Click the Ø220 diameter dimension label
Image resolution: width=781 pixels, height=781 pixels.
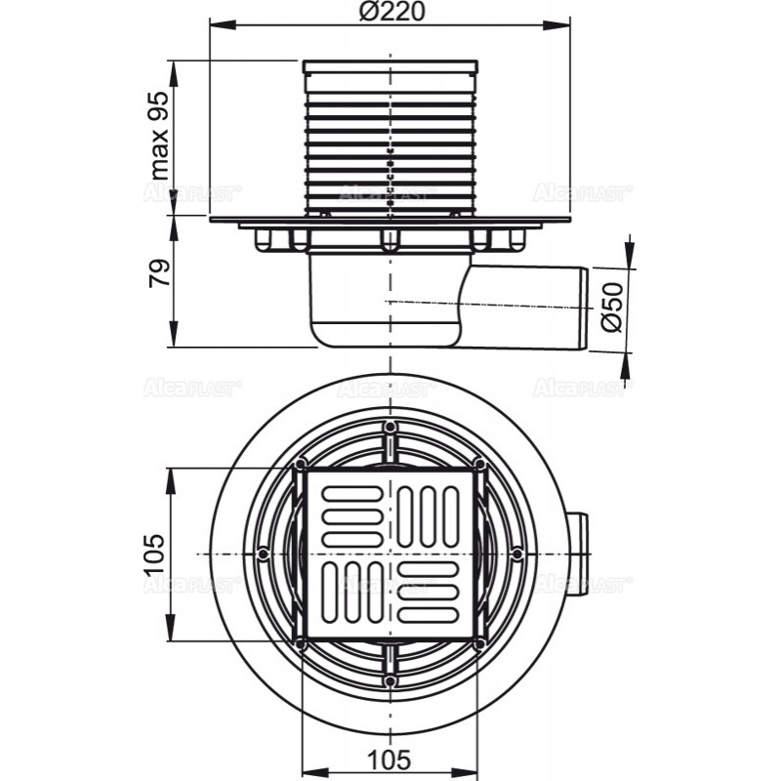pos(390,15)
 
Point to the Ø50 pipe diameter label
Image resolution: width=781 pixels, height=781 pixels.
pos(611,308)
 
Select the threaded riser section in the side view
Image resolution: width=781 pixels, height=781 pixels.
pos(390,137)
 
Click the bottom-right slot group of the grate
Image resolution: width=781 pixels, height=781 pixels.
pos(431,593)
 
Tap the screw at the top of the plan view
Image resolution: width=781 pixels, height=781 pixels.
pos(390,428)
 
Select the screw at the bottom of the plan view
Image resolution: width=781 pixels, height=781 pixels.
pos(390,679)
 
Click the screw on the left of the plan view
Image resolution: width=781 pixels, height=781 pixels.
pos(265,554)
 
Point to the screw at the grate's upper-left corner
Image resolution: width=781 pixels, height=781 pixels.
pos(301,463)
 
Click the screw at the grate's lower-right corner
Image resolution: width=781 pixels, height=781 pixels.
pos(478,644)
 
